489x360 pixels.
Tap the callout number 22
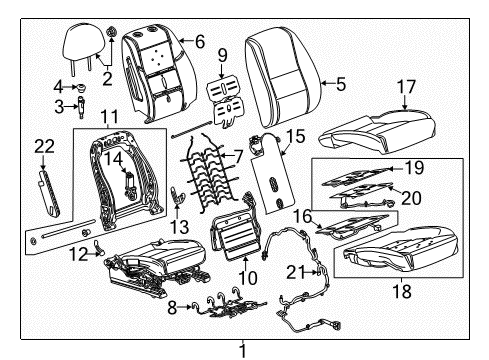coord(42,147)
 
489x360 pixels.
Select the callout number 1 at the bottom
coord(241,351)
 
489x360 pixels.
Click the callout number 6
coord(199,41)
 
